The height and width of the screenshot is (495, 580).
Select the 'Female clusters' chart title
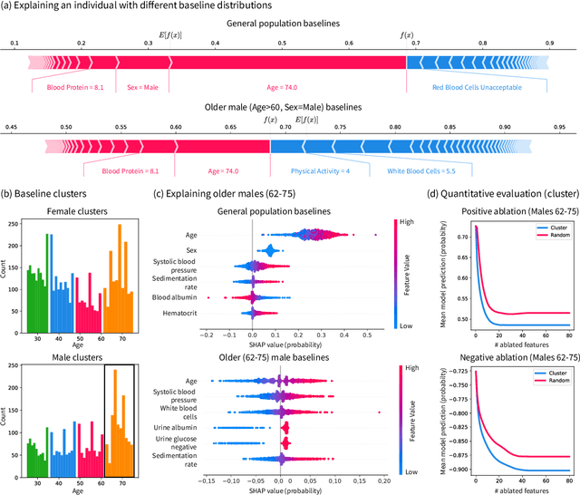click(74, 211)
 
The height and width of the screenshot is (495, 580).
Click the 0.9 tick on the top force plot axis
click(550, 43)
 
